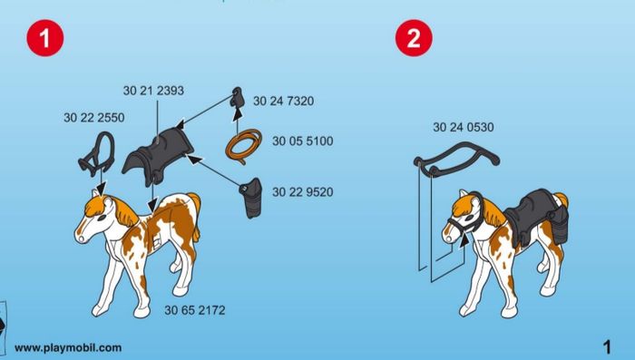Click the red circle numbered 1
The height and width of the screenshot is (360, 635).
pyautogui.click(x=45, y=38)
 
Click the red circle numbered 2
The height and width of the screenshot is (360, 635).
pyautogui.click(x=414, y=38)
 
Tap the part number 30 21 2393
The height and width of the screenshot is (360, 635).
pyautogui.click(x=153, y=91)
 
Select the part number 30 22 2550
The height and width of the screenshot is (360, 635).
pyautogui.click(x=94, y=118)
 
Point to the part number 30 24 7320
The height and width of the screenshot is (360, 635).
pyautogui.click(x=283, y=101)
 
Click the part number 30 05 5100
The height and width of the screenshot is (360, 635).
pyautogui.click(x=302, y=141)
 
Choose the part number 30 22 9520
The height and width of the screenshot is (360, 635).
pyautogui.click(x=302, y=191)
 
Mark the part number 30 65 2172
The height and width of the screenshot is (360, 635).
pyautogui.click(x=195, y=310)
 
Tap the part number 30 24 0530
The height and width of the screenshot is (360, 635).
pyautogui.click(x=464, y=127)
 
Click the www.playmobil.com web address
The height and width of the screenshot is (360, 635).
pyautogui.click(x=68, y=347)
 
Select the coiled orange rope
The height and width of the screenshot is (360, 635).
pyautogui.click(x=243, y=147)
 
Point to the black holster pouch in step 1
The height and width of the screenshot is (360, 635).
pyautogui.click(x=251, y=198)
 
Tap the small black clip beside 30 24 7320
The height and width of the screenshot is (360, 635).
pyautogui.click(x=237, y=97)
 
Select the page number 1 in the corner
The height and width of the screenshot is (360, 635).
pyautogui.click(x=607, y=347)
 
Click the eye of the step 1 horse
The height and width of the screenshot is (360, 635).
pyautogui.click(x=102, y=217)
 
